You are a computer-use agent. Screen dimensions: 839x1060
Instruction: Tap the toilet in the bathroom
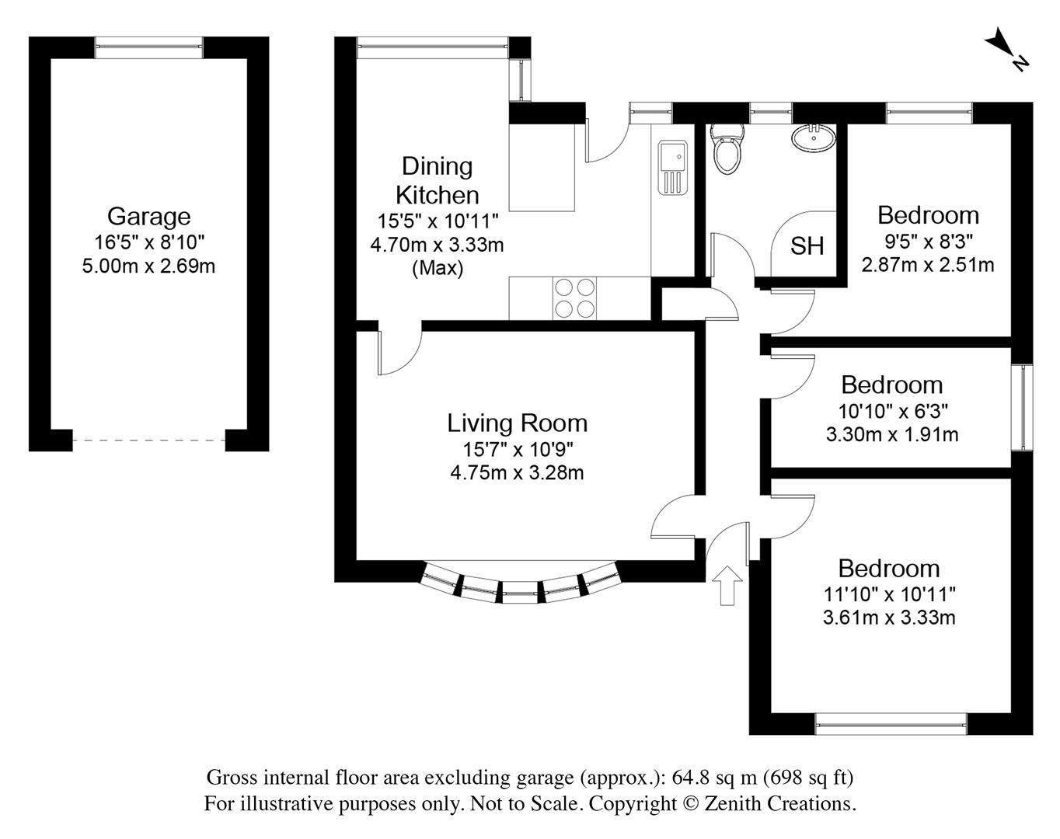coord(728,149)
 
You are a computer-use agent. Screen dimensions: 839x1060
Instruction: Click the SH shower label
coord(807,246)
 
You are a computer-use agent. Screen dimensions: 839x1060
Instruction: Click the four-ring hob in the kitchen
coord(575,298)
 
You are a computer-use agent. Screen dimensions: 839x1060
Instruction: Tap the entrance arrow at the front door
coord(727,585)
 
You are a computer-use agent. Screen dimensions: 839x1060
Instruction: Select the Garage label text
coord(148,216)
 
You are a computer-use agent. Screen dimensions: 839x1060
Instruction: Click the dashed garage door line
coord(149,440)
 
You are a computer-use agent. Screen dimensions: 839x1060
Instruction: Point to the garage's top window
coord(149,48)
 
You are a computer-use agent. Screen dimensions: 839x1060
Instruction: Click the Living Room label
coord(517,423)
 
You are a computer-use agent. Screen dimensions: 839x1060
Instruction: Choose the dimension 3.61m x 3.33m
coord(888,618)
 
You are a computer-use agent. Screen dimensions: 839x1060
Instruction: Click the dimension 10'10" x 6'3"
coord(891,410)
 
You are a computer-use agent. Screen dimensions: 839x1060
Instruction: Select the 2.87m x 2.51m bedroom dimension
coord(927,265)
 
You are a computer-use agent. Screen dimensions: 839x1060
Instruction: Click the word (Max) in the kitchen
coord(438,269)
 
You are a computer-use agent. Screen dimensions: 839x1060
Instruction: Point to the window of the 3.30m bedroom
coord(1027,407)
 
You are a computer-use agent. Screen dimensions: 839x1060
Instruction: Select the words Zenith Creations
coord(779,803)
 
